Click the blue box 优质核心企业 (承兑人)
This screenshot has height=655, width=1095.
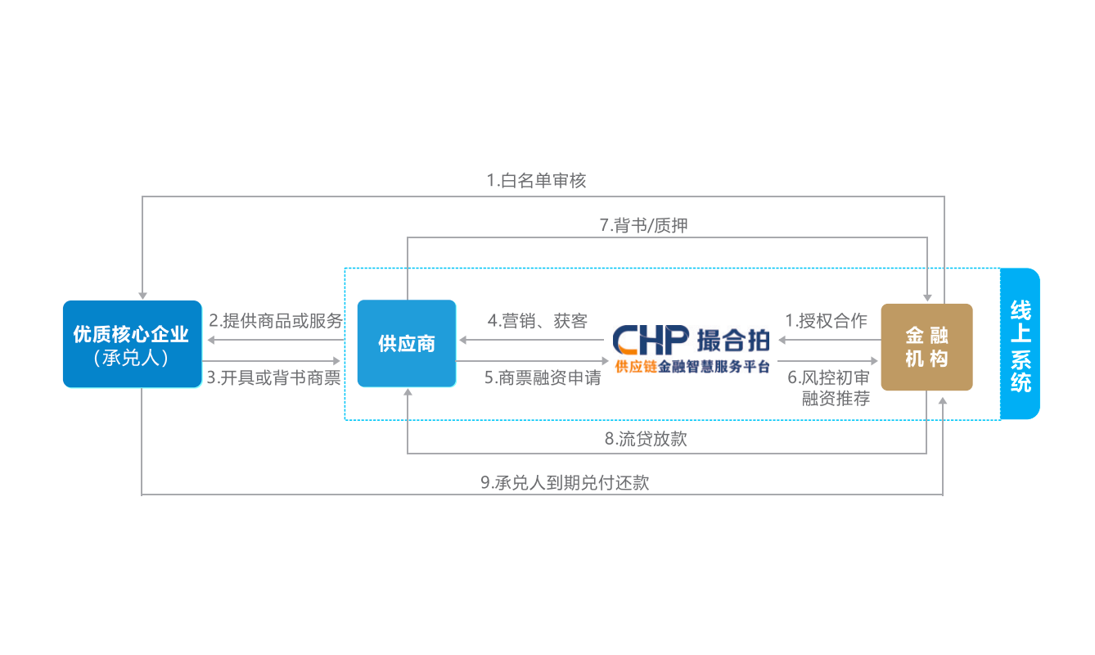point(132,344)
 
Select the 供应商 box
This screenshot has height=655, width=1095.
point(407,343)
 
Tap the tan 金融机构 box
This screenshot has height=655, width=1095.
point(927,347)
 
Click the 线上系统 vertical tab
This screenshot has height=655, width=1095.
point(1021,344)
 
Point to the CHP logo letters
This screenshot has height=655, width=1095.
point(651,340)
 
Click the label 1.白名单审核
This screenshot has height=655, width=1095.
point(536,180)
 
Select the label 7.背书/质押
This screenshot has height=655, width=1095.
point(644,225)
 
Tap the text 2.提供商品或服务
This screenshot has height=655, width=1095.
point(276,321)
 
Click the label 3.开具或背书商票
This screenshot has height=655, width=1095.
point(273,377)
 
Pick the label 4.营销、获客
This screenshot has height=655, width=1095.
point(537,321)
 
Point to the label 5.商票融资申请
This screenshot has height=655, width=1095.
point(543,377)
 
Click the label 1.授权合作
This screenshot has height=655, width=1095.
point(826,321)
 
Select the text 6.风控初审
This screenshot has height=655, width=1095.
point(828,377)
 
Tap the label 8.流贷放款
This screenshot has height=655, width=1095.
point(646,439)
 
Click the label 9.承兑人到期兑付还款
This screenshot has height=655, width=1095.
point(565,483)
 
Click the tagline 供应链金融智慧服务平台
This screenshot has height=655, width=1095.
point(692,366)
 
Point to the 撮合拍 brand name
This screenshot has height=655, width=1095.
point(733,341)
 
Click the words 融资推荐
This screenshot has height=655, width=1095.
point(836,399)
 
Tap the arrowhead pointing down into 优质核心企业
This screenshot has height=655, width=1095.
point(142,296)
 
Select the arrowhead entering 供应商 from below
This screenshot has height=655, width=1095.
point(408,392)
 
